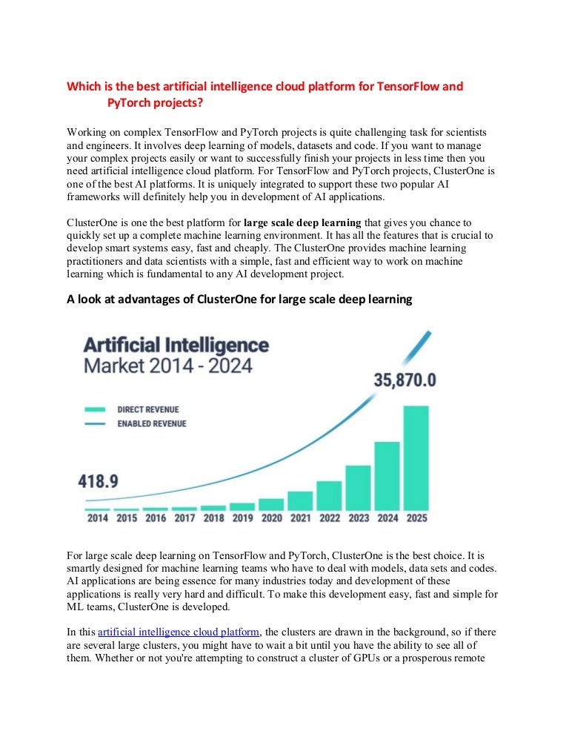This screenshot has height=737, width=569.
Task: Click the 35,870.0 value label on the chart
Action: click(405, 380)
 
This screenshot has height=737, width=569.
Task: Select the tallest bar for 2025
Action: click(416, 457)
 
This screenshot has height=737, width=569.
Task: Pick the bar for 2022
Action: click(329, 495)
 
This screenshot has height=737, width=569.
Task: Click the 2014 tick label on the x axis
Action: click(97, 518)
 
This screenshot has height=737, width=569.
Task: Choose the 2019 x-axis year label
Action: click(242, 518)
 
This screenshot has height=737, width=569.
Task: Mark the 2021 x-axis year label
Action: click(300, 518)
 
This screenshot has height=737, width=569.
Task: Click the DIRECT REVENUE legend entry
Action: click(148, 409)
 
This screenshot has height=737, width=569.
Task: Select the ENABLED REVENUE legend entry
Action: click(152, 424)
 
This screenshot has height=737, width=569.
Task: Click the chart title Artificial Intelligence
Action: click(176, 345)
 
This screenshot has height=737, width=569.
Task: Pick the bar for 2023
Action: click(358, 487)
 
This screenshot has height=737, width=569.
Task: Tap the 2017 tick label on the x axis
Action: click(184, 518)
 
